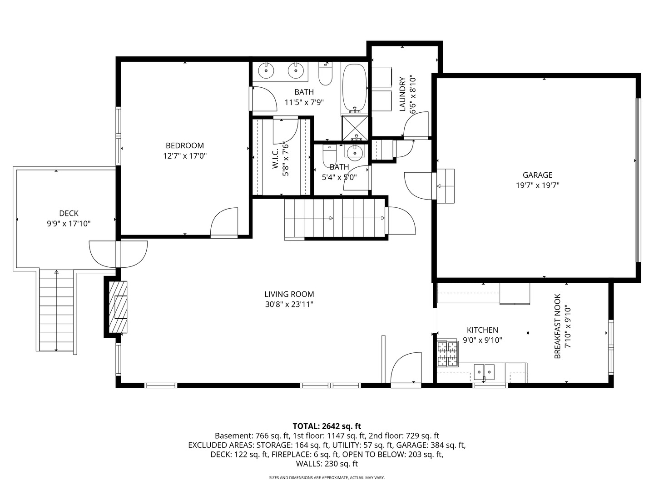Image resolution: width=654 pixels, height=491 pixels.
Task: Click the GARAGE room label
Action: [x=537, y=175]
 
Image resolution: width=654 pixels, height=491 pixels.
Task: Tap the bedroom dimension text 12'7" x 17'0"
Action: [x=185, y=156]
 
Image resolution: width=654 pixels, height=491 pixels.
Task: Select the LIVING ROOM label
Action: [x=289, y=294]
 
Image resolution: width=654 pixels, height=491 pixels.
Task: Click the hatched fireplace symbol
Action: [x=118, y=307]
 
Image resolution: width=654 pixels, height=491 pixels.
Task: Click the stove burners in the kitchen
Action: [x=447, y=354]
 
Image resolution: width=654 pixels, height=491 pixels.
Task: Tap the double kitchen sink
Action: [x=484, y=372]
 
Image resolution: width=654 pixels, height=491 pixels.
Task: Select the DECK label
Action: [x=69, y=213]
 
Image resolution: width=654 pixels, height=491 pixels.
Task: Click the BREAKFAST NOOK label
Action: [x=557, y=326]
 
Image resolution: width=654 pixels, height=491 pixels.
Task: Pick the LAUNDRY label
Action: [x=402, y=94]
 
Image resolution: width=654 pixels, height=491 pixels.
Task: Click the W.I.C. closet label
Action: [x=275, y=159]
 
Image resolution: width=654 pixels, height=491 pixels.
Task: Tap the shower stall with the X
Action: [x=355, y=128]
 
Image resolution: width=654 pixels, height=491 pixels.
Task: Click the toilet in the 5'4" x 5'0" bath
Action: [x=330, y=153]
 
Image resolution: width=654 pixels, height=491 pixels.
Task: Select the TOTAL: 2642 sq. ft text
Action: [x=327, y=426]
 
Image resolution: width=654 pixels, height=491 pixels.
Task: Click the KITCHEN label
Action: [x=482, y=330]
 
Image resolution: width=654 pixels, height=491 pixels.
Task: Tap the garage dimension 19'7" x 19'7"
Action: [x=537, y=185]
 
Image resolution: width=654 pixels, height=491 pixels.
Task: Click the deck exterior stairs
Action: [x=56, y=311]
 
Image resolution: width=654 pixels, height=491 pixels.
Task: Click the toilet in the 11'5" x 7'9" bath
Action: [x=325, y=73]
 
